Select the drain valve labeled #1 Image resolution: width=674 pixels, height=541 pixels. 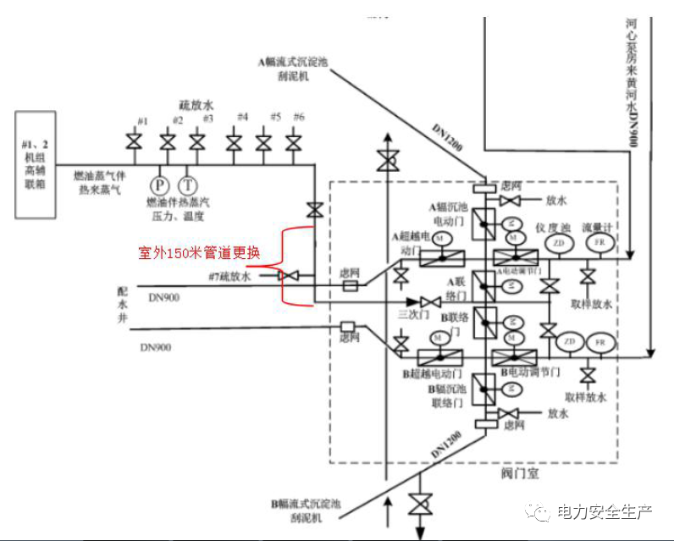[x=133, y=141]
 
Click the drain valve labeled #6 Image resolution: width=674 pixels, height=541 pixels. [x=292, y=141]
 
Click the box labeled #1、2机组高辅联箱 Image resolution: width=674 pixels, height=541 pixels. [x=39, y=164]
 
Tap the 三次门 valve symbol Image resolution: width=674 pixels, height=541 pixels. [x=430, y=302]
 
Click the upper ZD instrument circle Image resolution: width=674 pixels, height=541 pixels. [x=558, y=244]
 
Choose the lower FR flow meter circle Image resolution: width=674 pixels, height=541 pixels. [x=600, y=342]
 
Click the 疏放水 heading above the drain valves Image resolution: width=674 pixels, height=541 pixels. [x=196, y=105]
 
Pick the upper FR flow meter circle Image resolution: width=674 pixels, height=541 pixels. [x=600, y=244]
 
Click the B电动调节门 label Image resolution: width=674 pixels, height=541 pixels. [x=529, y=373]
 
